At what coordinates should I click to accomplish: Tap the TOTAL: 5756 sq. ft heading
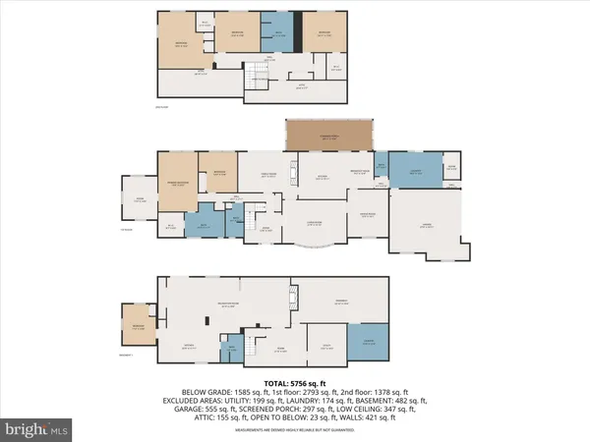pyautogui.click(x=294, y=381)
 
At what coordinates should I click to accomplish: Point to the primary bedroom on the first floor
pyautogui.click(x=178, y=181)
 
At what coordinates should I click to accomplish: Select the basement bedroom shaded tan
pyautogui.click(x=133, y=321)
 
